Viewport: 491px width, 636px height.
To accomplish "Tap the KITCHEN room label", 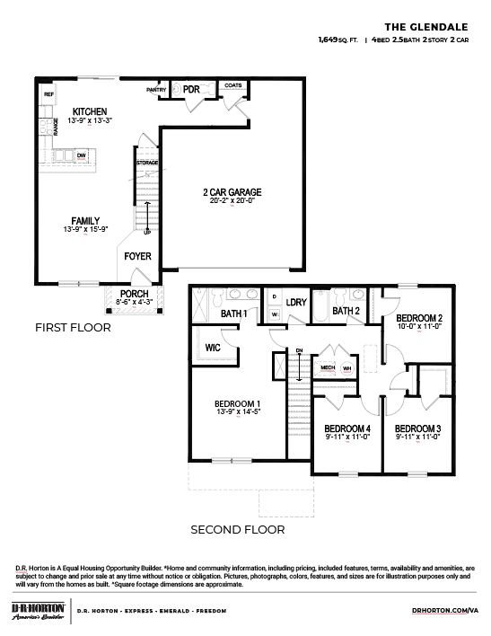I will click(90, 111).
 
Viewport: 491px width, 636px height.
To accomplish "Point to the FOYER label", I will click(138, 257).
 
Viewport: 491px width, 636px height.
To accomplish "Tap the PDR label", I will click(190, 90).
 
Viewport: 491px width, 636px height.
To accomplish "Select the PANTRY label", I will click(156, 90).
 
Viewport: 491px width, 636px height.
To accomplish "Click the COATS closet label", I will click(232, 85).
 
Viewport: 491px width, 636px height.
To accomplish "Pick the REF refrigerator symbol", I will click(48, 93).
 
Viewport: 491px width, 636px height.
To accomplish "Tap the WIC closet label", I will click(214, 345).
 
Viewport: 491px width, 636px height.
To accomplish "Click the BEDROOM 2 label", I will click(419, 318).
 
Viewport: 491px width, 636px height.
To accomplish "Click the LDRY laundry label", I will click(296, 303).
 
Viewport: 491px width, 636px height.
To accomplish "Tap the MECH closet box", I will click(328, 367).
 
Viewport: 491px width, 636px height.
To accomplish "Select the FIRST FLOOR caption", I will click(73, 328).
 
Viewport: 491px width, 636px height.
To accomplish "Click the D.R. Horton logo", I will click(36, 611).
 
